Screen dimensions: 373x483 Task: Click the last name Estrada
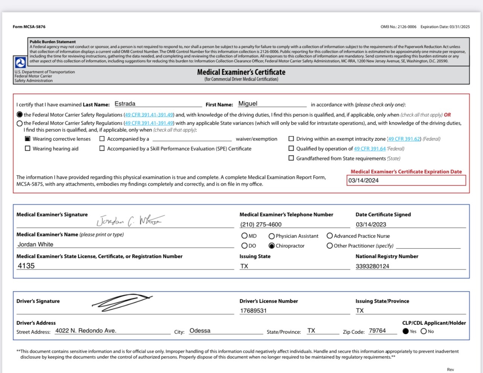[125, 104]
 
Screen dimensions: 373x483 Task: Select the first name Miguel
[248, 104]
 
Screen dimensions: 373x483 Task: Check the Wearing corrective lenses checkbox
[27, 139]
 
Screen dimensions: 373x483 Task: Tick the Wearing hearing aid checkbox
[27, 149]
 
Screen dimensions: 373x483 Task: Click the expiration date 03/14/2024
[363, 181]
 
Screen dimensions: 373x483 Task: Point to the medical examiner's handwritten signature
[130, 221]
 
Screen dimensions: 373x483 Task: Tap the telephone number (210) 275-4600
[261, 225]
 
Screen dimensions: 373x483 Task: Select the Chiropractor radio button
[271, 246]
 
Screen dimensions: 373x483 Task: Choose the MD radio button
[244, 236]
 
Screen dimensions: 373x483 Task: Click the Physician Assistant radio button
[271, 236]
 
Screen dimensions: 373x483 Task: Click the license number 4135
[26, 266]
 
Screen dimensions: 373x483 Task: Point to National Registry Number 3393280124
[372, 266]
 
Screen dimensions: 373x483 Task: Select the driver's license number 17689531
[253, 311]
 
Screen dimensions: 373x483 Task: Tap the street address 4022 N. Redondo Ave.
[86, 331]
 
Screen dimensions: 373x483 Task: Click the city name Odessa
[200, 331]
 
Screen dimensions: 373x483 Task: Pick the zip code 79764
[377, 331]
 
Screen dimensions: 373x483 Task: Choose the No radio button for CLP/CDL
[424, 332]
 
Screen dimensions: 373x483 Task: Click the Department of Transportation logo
[20, 62]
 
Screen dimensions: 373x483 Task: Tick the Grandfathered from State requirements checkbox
[291, 158]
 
